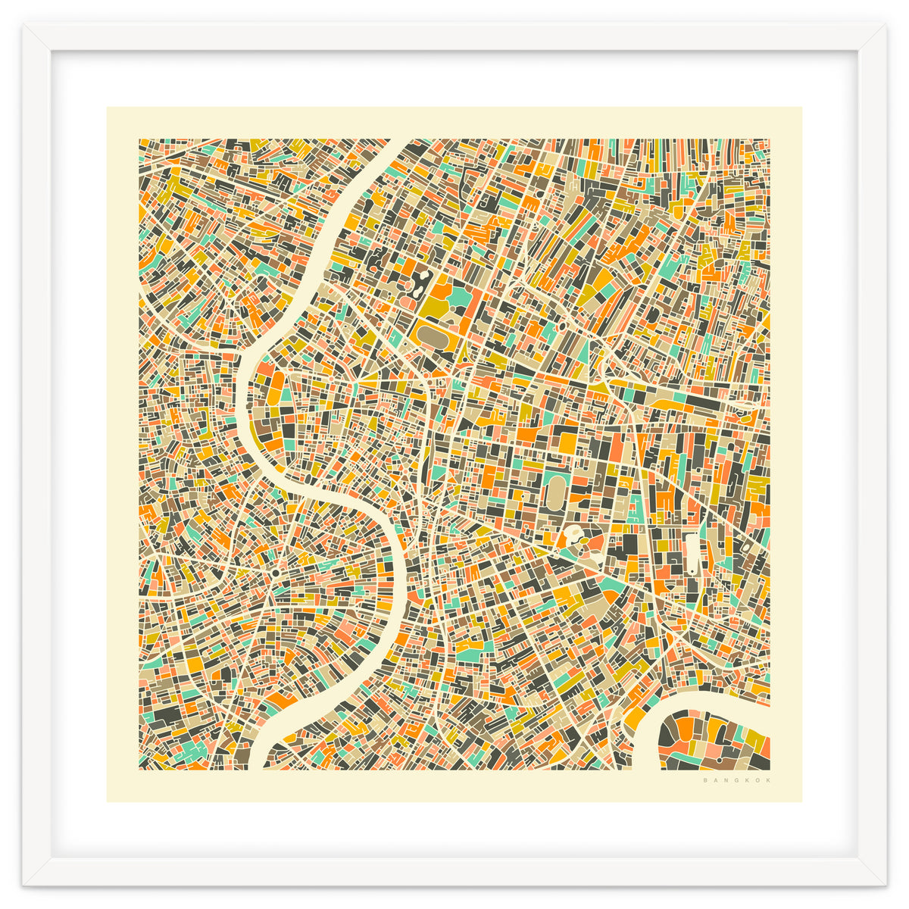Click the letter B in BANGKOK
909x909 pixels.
point(705,780)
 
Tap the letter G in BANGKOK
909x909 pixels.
point(736,780)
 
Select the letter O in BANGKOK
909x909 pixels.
point(757,780)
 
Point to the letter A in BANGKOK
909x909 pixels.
point(715,780)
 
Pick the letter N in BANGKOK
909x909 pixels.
point(725,780)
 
